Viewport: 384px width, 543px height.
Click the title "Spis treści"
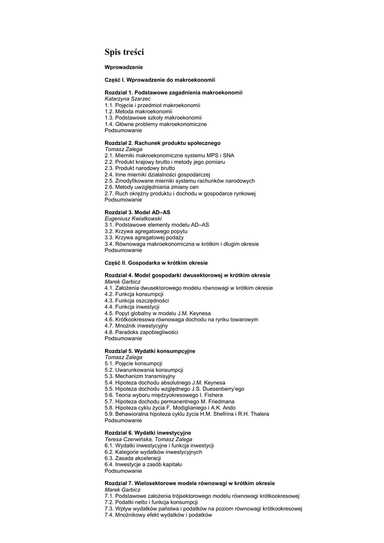pos(124,52)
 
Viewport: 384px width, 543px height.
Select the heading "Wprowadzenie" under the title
pos(123,67)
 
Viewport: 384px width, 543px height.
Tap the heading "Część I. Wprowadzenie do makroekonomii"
pos(160,80)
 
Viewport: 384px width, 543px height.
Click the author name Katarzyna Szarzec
pos(127,99)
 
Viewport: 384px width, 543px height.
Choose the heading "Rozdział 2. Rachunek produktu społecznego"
pos(163,143)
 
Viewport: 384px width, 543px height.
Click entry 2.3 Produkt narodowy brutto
pos(139,168)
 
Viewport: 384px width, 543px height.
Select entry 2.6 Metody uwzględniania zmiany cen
pos(151,187)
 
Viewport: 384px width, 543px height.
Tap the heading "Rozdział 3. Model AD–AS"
pos(137,212)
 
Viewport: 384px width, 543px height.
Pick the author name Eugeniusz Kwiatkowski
pos(133,218)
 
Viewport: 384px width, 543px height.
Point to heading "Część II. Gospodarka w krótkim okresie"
pos(156,263)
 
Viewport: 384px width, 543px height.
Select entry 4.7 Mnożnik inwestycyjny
pos(136,326)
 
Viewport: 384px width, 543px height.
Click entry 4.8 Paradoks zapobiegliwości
pos(141,332)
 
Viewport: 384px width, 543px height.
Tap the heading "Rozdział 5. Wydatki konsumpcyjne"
pos(150,351)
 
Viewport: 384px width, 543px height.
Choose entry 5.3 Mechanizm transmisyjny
pos(140,376)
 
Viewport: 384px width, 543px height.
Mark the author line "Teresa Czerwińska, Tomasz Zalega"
pos(148,439)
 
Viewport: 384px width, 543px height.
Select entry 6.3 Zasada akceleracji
pos(132,458)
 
